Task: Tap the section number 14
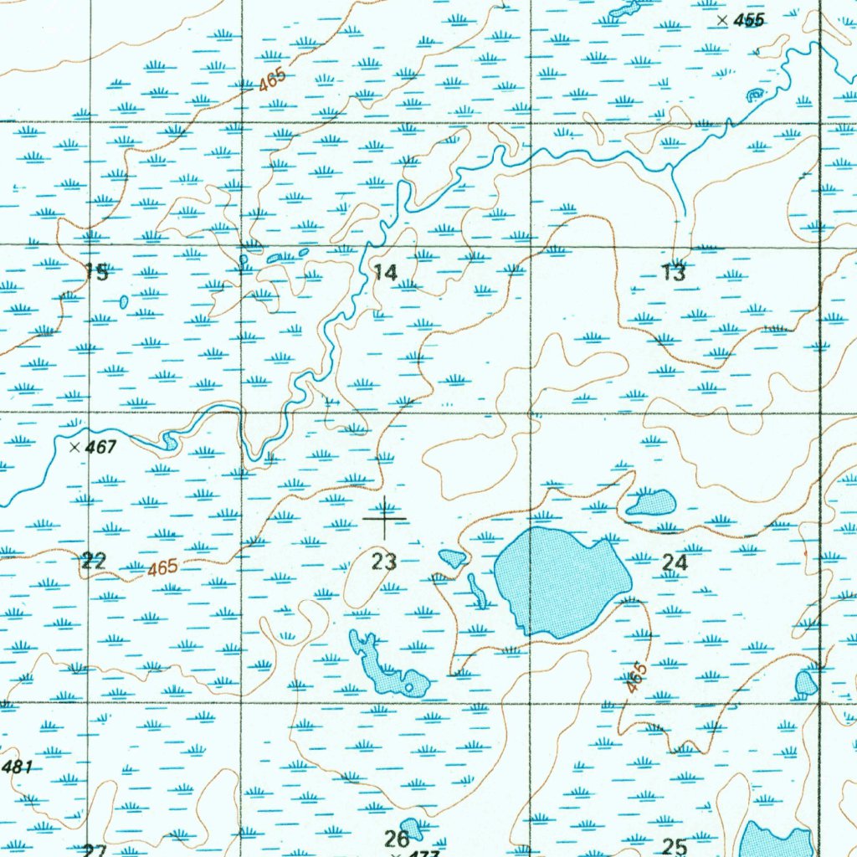(x=386, y=272)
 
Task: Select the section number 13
(x=674, y=272)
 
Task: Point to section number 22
(x=94, y=562)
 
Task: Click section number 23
(x=384, y=562)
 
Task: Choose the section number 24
(x=675, y=563)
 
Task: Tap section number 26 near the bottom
(x=396, y=838)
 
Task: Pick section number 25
(x=675, y=846)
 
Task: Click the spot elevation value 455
(x=748, y=21)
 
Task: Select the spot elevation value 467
(x=100, y=448)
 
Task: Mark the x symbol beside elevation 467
(x=75, y=447)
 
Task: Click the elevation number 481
(x=17, y=767)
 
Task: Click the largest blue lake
(x=561, y=582)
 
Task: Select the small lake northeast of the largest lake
(x=652, y=502)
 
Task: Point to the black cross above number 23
(x=385, y=519)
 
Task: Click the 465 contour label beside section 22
(x=162, y=567)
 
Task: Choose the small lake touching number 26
(x=412, y=828)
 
